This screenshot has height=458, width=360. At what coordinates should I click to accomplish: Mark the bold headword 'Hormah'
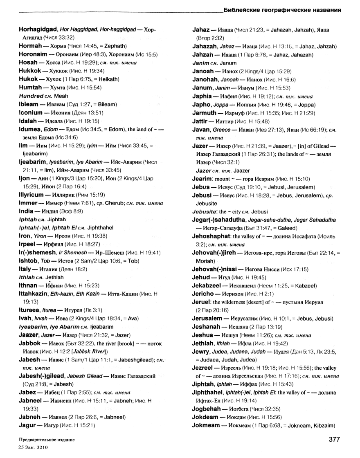click(x=31, y=45)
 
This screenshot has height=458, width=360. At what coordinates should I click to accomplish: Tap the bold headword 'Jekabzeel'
click(x=208, y=285)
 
